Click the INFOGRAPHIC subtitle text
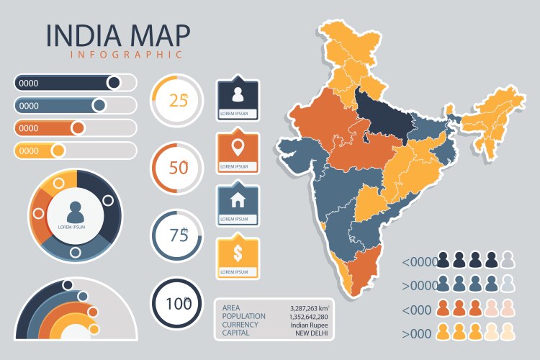coord(126,54)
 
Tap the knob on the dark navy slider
coord(113,82)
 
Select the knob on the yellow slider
coord(58,150)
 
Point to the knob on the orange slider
coord(78,128)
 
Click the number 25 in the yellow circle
coord(177,100)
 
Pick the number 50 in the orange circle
coord(177,168)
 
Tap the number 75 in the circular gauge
coord(177,235)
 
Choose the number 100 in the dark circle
coord(177,303)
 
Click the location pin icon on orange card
coord(238,148)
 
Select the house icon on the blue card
coord(238,200)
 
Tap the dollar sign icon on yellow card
coord(238,253)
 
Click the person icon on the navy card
coord(238,94)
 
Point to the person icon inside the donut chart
coord(76,211)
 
